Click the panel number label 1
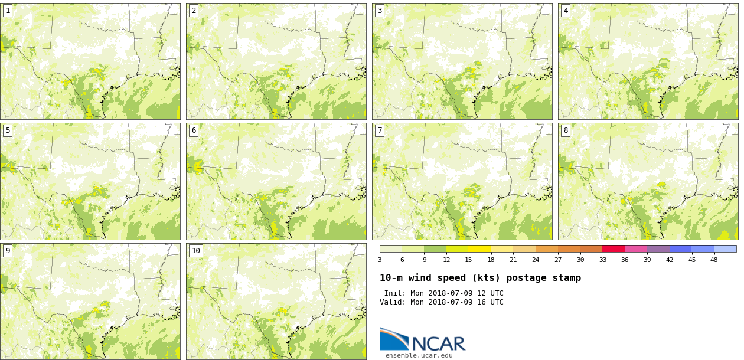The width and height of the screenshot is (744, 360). click(8, 11)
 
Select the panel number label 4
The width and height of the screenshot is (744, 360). click(566, 11)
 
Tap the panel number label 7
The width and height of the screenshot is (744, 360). click(380, 130)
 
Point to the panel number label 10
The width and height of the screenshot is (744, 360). click(196, 251)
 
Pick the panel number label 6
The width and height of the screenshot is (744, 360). click(194, 130)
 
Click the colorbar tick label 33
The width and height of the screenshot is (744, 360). click(602, 260)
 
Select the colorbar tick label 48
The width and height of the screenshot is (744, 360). click(714, 260)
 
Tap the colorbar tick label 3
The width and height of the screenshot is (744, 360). click(380, 260)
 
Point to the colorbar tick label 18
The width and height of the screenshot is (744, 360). click(491, 260)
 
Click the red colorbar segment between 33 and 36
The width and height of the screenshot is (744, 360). click(614, 249)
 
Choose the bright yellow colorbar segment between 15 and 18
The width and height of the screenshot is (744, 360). click(479, 249)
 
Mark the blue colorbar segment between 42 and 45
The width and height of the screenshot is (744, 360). click(680, 249)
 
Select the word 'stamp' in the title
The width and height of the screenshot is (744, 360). click(566, 278)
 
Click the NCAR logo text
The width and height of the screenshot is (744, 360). click(438, 343)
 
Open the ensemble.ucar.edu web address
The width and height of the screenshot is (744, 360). click(419, 355)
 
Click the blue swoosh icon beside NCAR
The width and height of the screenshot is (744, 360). click(394, 339)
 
